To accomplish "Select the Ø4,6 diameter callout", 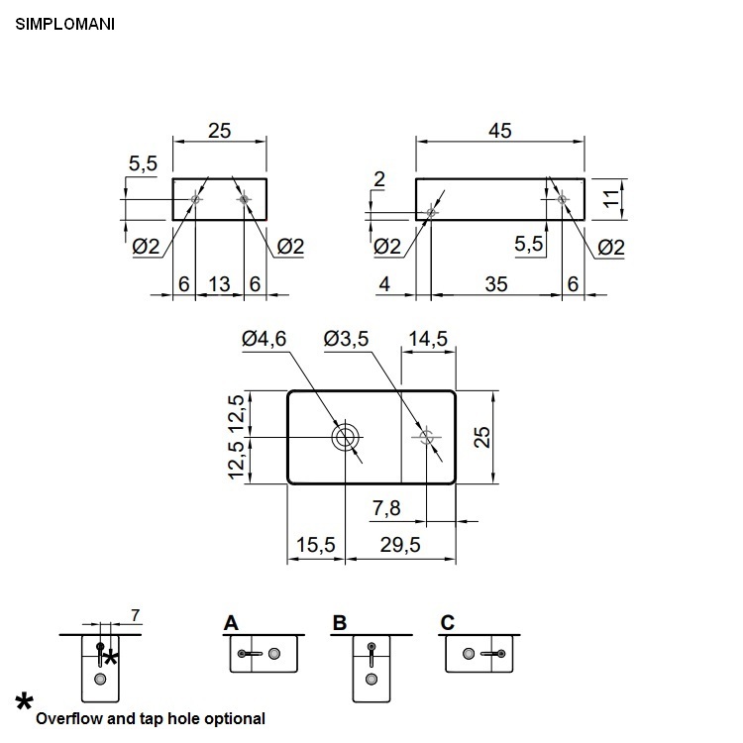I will click(264, 339).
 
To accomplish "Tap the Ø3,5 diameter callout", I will click(346, 339).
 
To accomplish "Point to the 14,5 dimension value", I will click(427, 339).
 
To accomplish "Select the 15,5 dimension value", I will click(316, 546).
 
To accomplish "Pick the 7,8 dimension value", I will click(386, 508).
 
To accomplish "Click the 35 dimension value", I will click(496, 284).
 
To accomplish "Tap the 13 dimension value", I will click(219, 284).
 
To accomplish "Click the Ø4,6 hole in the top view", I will click(346, 437).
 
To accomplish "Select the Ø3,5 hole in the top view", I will click(427, 437).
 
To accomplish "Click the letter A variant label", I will click(231, 622).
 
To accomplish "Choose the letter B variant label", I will click(340, 622).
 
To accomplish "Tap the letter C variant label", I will click(448, 622).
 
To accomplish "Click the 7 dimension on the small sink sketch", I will click(135, 616).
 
